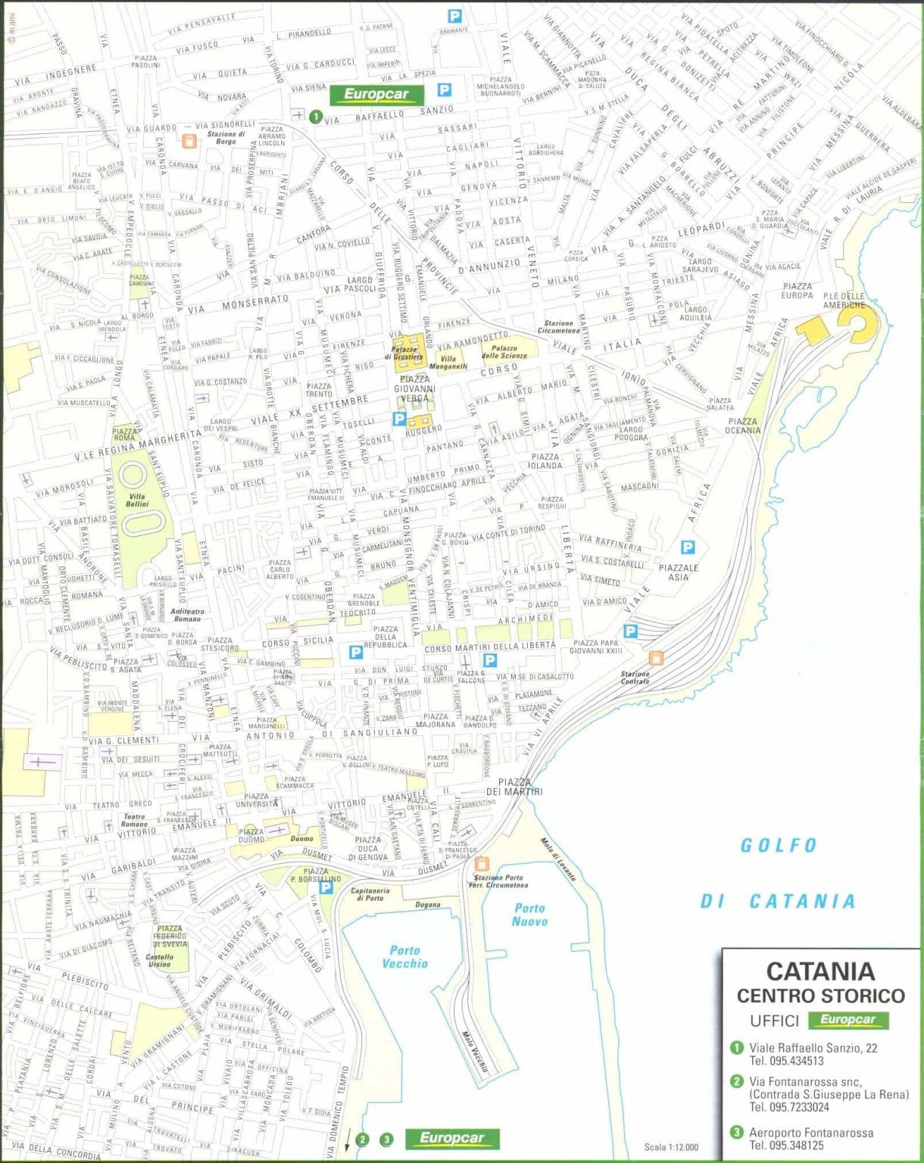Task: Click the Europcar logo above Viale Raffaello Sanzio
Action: coord(376,95)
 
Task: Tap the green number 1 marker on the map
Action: coord(315,117)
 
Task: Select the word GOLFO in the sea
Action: coord(779,845)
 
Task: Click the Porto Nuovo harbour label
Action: coord(529,915)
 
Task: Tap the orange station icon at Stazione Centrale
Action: coord(656,658)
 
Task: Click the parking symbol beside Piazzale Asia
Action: coord(688,547)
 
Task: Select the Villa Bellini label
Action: coord(137,500)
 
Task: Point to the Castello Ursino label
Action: coord(160,960)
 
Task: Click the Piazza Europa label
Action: coord(798,291)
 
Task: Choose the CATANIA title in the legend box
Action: coord(820,971)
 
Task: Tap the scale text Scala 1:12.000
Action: coord(671,1147)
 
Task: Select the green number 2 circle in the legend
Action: coord(736,1081)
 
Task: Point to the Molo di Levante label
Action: coord(558,859)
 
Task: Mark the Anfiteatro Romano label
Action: coord(187,615)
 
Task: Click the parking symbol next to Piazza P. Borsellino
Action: coord(326,887)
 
